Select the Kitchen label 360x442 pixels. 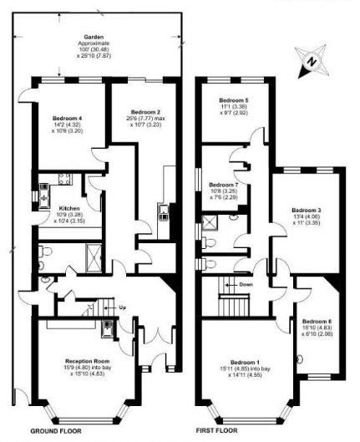[x=68, y=209]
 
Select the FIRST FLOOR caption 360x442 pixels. [x=221, y=433]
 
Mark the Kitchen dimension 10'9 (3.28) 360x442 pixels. [x=68, y=216]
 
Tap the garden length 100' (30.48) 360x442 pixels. [x=92, y=51]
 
